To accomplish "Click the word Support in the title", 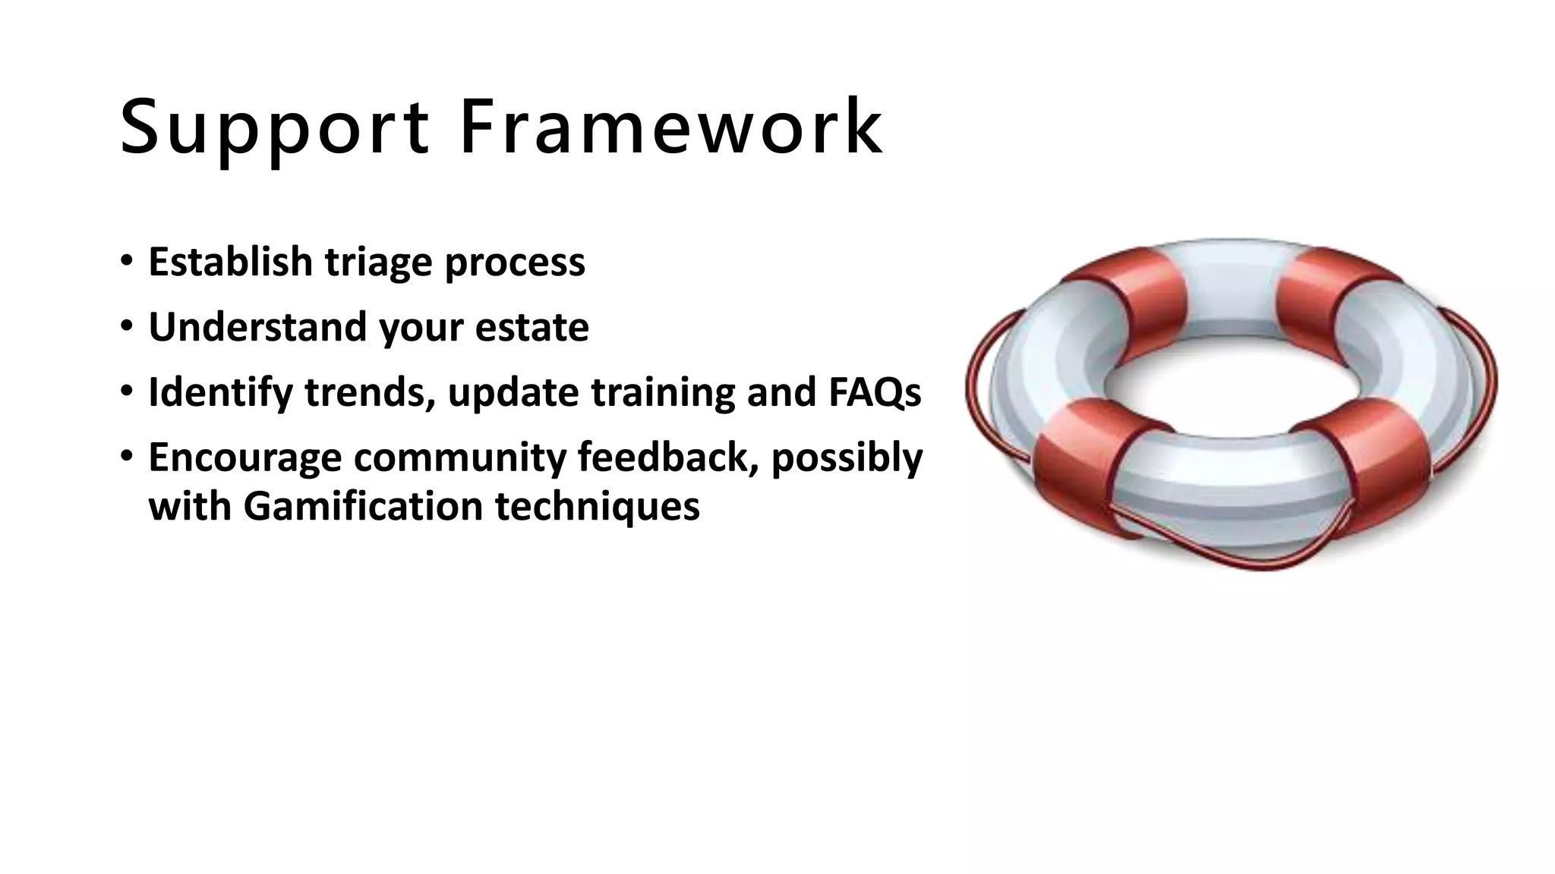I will pos(275,127).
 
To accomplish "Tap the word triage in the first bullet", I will pos(379,263).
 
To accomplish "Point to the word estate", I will pos(531,327).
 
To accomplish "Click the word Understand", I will pos(257,327).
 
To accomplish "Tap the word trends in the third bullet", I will pos(370,392).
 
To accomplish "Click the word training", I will pos(663,394).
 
